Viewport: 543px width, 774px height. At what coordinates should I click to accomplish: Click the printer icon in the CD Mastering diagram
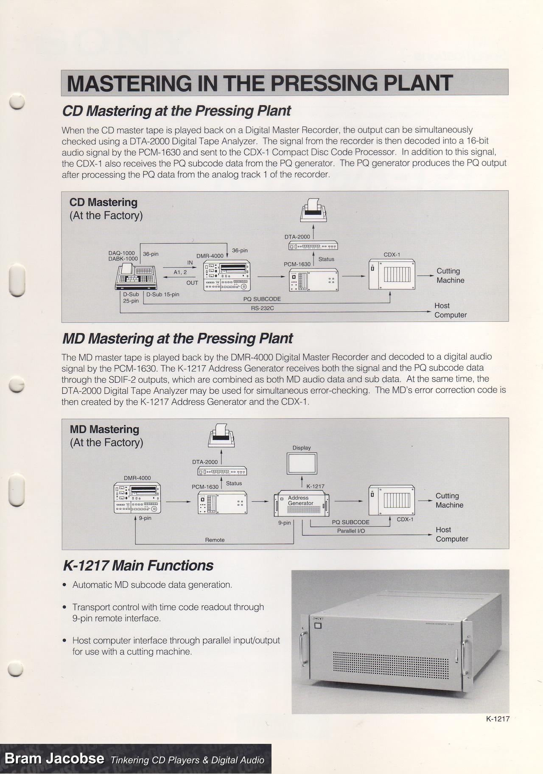314,210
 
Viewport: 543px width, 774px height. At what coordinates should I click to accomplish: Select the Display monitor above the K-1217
302,463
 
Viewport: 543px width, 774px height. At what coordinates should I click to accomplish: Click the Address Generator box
302,503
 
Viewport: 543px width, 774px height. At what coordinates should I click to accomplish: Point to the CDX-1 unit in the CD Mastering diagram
392,275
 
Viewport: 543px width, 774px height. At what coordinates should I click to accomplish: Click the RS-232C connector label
262,308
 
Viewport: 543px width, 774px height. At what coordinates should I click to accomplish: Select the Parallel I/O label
351,531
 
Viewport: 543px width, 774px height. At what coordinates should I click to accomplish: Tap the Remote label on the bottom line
215,540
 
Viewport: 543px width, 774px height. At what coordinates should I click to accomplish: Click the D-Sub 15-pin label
163,294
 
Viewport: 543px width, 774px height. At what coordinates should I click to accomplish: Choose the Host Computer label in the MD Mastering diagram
452,534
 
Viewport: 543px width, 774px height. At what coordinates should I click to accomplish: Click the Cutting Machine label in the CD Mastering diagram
450,275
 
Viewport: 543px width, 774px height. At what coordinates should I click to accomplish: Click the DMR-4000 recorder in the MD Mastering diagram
137,498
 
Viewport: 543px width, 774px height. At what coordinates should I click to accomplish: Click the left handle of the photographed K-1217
303,644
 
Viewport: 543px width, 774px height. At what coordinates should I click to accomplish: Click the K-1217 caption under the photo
498,718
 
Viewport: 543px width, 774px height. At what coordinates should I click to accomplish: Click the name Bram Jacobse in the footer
54,759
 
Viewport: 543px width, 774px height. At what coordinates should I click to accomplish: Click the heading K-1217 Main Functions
138,566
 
